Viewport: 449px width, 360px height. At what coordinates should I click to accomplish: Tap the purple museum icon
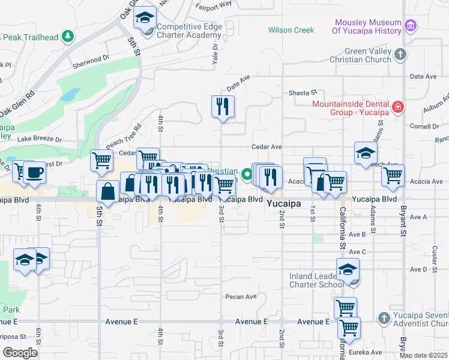(411, 25)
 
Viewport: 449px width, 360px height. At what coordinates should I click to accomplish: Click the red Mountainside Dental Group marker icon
(397, 107)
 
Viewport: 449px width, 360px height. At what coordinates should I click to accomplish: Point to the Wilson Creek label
(291, 30)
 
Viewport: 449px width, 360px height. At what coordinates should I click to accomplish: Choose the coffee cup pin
(34, 172)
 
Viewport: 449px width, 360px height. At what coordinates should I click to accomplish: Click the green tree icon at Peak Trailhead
(68, 37)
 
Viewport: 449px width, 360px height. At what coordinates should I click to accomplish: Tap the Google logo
(20, 352)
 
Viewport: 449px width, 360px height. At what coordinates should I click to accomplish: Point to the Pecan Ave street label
(241, 296)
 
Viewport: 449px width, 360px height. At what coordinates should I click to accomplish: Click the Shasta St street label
(303, 92)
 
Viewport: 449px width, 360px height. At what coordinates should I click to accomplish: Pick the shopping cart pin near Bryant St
(393, 175)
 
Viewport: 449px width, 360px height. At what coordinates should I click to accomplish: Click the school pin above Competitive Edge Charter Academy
(145, 17)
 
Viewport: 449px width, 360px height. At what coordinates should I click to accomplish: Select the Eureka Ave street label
(368, 352)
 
